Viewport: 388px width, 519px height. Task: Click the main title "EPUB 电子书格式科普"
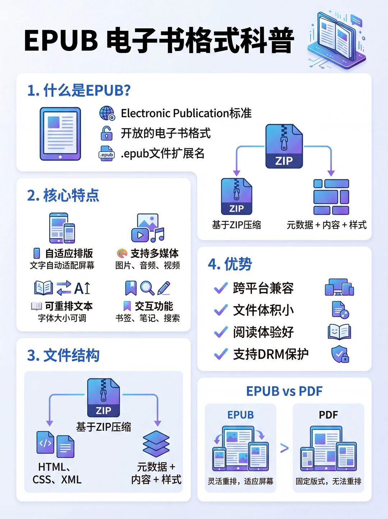tap(159, 40)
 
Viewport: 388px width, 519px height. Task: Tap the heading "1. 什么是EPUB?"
tap(79, 90)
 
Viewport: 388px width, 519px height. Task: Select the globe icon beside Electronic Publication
tap(107, 113)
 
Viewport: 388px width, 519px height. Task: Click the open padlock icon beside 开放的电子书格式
tap(106, 133)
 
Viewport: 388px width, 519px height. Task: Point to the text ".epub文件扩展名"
tap(163, 154)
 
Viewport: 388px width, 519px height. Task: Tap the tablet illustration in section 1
tap(60, 133)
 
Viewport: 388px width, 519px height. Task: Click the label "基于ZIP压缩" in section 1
tap(236, 225)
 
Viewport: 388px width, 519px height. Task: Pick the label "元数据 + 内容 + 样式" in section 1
tap(326, 225)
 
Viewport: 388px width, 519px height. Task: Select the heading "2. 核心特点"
tap(63, 195)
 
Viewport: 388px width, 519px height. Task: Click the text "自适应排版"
tap(69, 253)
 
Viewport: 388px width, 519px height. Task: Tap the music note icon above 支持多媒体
tap(157, 235)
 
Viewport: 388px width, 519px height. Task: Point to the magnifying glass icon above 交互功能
tap(147, 288)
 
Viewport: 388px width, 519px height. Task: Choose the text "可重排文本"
tap(69, 306)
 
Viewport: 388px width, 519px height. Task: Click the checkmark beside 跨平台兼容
tap(221, 288)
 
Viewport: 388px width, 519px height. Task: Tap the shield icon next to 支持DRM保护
tap(339, 354)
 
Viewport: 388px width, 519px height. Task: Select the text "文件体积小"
tap(263, 310)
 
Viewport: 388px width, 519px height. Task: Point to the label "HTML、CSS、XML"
tap(57, 473)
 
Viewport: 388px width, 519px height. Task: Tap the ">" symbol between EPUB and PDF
tap(284, 448)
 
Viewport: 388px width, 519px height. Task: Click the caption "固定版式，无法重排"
tap(328, 481)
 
